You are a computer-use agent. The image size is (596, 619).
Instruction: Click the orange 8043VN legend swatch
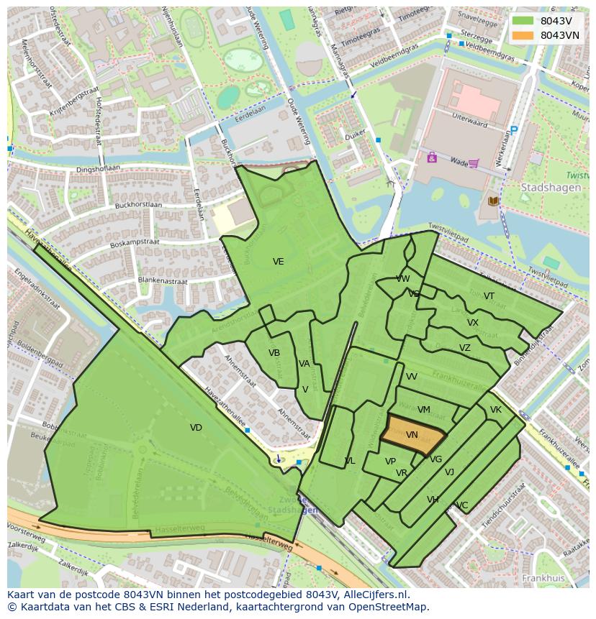pos(523,35)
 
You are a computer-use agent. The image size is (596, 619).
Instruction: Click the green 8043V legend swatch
pos(523,21)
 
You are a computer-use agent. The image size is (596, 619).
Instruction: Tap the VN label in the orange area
pos(412,435)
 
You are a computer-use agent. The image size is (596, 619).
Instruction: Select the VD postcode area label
pos(196,428)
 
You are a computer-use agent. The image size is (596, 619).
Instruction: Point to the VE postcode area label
pos(278,262)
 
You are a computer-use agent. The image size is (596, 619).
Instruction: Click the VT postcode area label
pos(489,296)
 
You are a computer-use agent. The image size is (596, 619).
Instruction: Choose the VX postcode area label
pos(472,323)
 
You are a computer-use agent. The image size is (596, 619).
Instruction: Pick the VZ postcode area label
pos(464,348)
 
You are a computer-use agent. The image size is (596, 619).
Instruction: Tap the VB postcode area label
pos(274,353)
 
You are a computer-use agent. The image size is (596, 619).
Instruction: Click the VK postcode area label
pos(495,410)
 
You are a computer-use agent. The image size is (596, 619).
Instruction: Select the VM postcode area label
pos(424,410)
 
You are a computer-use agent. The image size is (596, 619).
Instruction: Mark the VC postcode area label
pos(462,505)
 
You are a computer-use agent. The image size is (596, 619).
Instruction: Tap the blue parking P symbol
pos(513,131)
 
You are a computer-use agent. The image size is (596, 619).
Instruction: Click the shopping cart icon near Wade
pos(473,162)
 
